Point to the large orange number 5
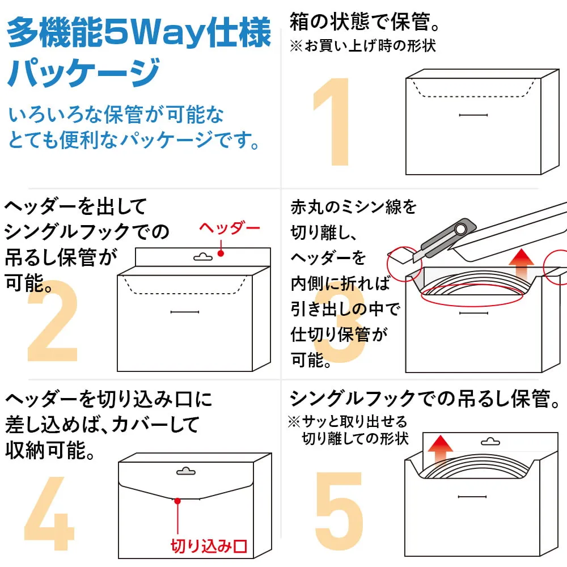pos(339,514)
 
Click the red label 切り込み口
pos(209,547)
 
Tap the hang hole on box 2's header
pos(202,257)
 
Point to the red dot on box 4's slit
pos(177,501)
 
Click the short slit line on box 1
pos(473,116)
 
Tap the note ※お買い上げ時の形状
pos(363,46)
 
